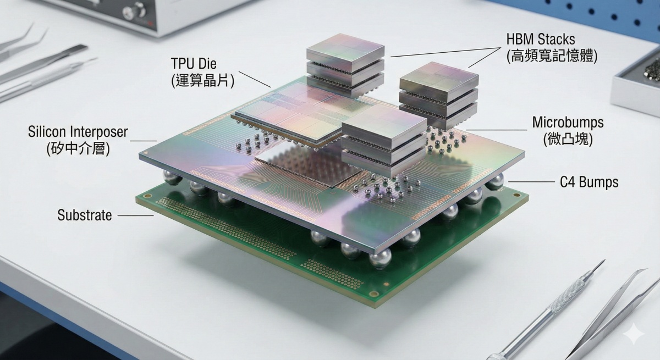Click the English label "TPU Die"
tap(194, 64)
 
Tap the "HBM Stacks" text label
tap(541, 40)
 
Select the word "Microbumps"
tap(568, 123)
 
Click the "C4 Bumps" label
tap(589, 182)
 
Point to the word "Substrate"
tap(85, 215)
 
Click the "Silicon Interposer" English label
tap(78, 131)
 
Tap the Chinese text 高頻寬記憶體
tap(552, 56)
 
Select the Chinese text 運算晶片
tap(203, 80)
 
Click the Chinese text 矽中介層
tap(78, 148)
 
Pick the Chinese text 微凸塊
tap(568, 139)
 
